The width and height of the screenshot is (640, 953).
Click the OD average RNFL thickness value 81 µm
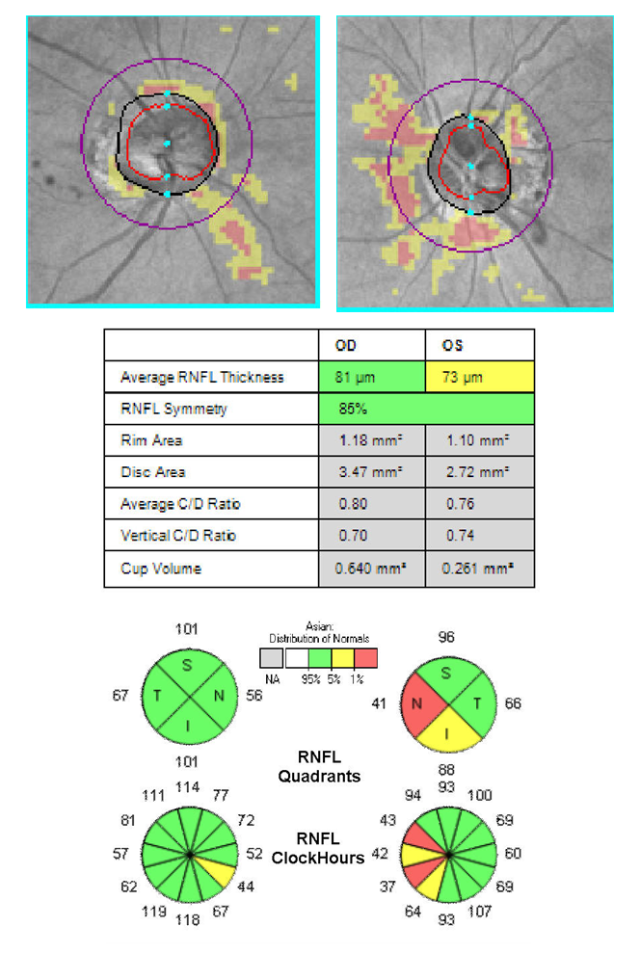[x=371, y=377]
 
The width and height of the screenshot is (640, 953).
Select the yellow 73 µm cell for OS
[x=479, y=377]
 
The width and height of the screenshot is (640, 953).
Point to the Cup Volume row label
[x=160, y=569]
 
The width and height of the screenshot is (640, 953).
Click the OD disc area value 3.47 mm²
[x=371, y=472]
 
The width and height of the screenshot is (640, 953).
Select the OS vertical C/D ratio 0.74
[x=479, y=536]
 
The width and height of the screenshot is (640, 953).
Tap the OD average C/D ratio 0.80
[x=371, y=504]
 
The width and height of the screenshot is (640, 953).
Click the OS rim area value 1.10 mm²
[x=479, y=440]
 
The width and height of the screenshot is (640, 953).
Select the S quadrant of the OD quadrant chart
[x=188, y=664]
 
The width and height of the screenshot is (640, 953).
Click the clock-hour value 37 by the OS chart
[x=387, y=887]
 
